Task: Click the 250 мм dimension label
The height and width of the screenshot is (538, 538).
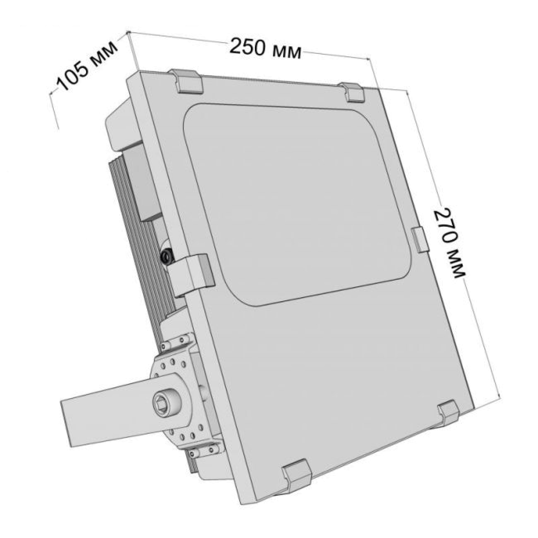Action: coord(265,49)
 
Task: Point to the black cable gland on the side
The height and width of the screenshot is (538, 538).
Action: coord(167,255)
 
